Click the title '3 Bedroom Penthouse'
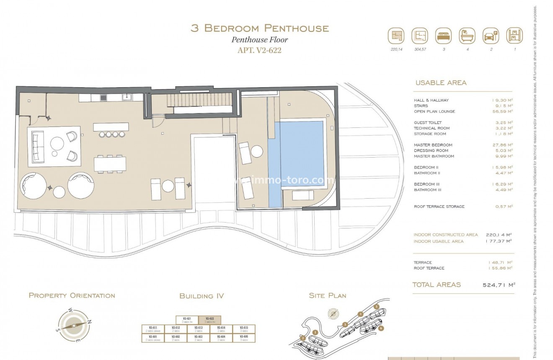tap(259, 28)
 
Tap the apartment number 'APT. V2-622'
tap(260, 50)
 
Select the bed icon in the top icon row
tap(443, 36)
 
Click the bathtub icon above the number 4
tap(467, 36)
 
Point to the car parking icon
tap(490, 36)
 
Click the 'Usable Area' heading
tap(441, 83)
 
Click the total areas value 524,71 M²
tap(499, 285)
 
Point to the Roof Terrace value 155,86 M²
tap(501, 268)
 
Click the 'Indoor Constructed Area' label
tap(445, 235)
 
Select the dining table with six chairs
tap(110, 163)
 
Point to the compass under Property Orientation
tap(74, 325)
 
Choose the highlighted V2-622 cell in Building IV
tap(209, 320)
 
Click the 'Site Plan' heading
tap(327, 295)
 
